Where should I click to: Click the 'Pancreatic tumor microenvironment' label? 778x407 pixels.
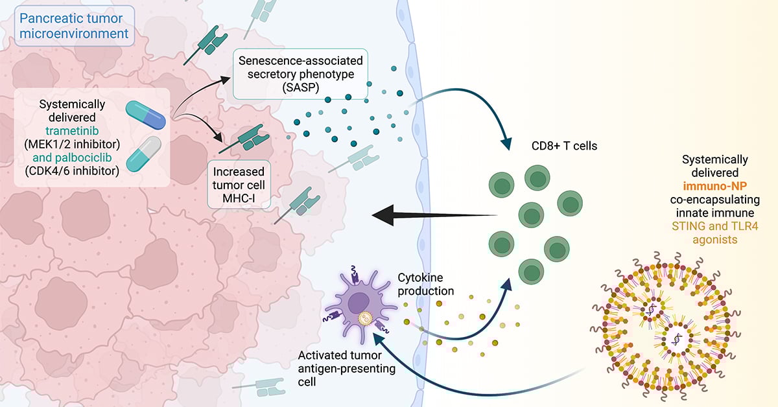(73, 25)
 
